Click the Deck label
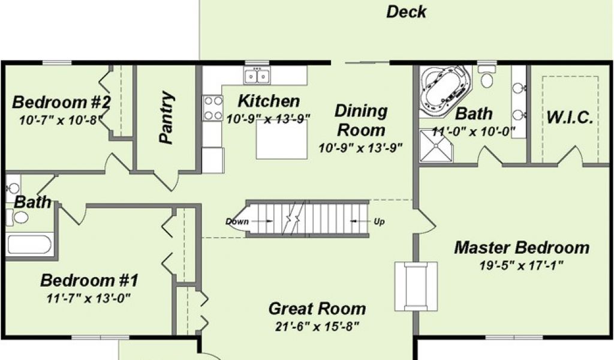(406, 12)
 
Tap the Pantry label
(167, 117)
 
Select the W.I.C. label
(570, 117)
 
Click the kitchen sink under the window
(257, 75)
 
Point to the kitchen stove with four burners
(212, 108)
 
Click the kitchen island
(282, 139)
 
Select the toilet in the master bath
(487, 76)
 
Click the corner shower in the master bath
(436, 146)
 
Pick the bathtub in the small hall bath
(29, 244)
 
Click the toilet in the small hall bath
(17, 217)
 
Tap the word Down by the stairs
(237, 221)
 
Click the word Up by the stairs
(379, 222)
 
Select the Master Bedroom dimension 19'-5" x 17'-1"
(521, 266)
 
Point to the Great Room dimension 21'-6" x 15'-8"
(317, 326)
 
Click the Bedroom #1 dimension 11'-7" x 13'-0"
(89, 298)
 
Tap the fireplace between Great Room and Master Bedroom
(416, 286)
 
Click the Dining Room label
(361, 120)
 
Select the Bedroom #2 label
(61, 102)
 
